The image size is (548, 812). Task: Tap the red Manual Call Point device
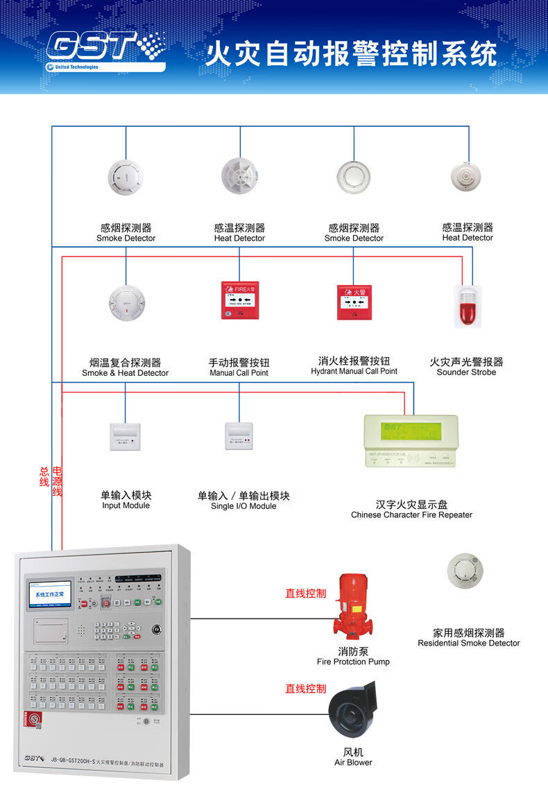click(239, 301)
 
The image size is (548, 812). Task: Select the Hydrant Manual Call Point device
click(354, 302)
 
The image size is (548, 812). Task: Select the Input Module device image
click(126, 437)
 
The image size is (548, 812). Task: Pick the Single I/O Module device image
click(239, 437)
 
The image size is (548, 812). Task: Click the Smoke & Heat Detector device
click(126, 302)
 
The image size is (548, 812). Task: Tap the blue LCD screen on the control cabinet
click(50, 594)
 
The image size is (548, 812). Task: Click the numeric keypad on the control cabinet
click(108, 630)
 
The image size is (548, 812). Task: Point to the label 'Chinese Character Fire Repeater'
click(411, 515)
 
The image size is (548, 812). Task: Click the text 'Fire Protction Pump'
click(353, 662)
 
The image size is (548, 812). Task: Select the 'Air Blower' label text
click(353, 763)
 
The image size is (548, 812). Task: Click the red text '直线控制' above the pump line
click(305, 594)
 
